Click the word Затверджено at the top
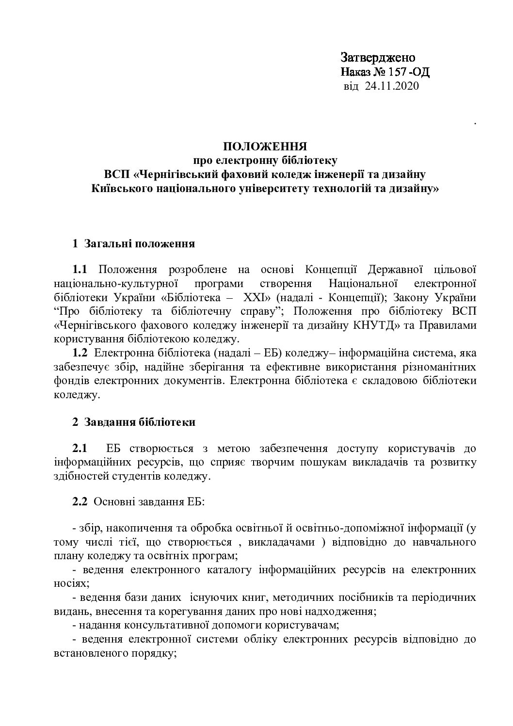coord(378,57)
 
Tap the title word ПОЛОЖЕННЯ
coord(265,146)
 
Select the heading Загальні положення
coord(140,243)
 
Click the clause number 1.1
coord(80,268)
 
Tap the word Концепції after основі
coord(332,268)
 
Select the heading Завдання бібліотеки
coord(140,422)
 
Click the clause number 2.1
coord(80,448)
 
